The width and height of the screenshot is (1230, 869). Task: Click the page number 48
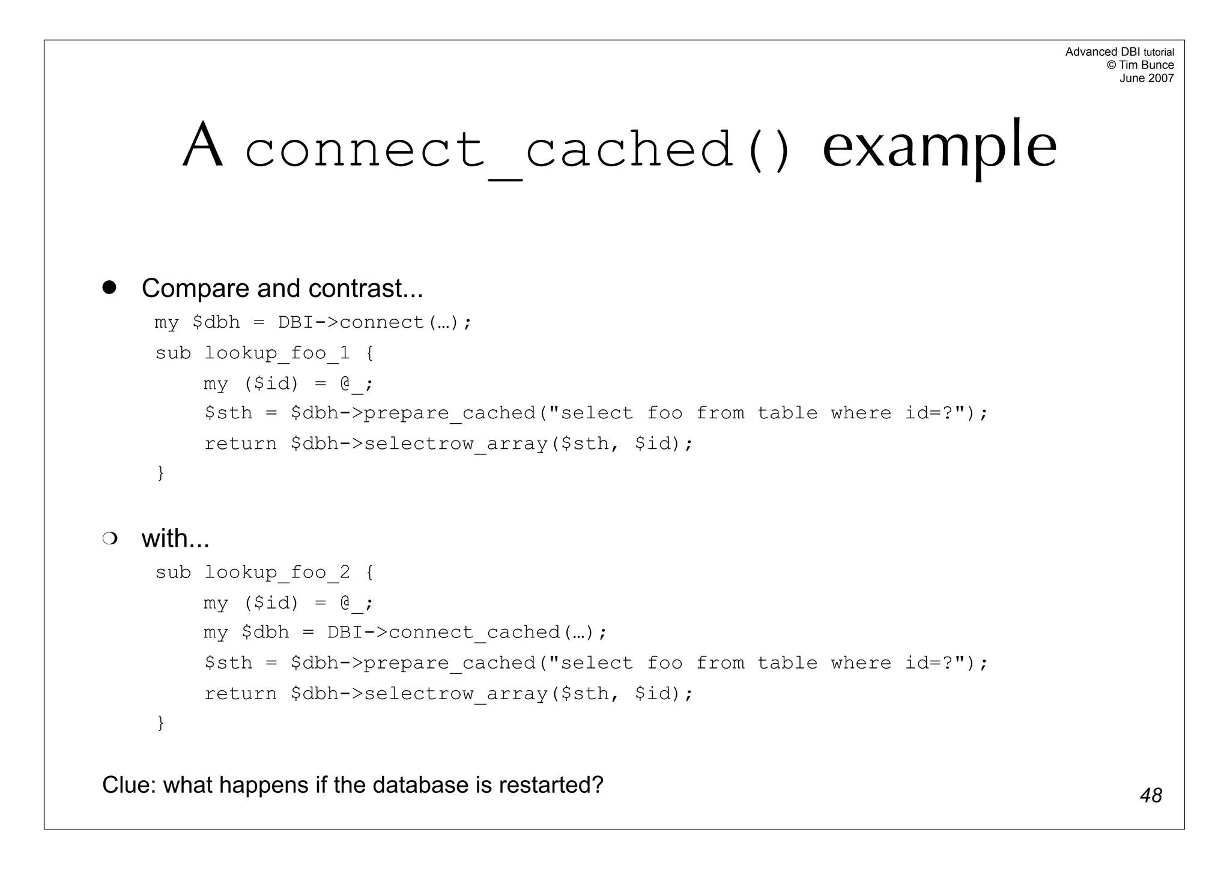(1151, 795)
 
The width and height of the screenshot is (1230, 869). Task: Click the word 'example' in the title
(939, 145)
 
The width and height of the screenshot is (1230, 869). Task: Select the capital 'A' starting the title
(203, 145)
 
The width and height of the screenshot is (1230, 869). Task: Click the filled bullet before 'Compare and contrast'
(109, 287)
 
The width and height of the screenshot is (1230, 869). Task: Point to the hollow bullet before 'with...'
(109, 538)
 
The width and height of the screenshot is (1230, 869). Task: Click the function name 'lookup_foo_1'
(277, 353)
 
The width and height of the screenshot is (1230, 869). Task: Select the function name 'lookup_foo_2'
(277, 573)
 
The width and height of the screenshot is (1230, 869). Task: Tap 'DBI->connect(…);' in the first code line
(375, 322)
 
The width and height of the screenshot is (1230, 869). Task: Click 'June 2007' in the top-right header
(1147, 78)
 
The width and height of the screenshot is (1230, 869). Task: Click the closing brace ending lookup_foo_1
(160, 473)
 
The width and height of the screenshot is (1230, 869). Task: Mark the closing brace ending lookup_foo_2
(160, 723)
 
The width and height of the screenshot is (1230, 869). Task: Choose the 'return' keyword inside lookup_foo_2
(240, 694)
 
